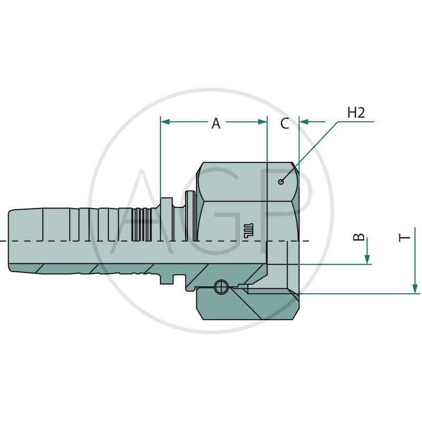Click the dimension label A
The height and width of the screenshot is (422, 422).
coord(216,123)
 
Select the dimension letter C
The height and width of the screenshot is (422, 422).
coord(284,123)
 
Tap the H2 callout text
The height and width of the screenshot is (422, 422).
coord(357,112)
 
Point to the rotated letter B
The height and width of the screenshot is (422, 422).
coord(359,238)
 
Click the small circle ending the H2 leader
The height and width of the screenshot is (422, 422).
coord(282,182)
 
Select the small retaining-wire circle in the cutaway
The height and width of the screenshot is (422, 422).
coord(220,287)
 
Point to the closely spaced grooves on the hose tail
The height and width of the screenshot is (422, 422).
coord(141,224)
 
